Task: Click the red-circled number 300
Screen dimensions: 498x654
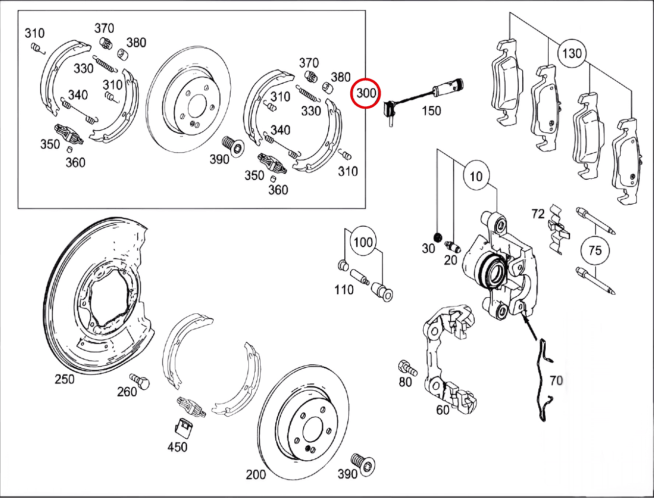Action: (366, 93)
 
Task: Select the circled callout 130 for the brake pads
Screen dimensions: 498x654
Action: (572, 53)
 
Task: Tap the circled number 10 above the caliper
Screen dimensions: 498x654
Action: (476, 176)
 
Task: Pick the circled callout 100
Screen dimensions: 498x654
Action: (363, 242)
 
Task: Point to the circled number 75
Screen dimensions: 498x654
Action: (595, 250)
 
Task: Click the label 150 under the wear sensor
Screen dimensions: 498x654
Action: (431, 111)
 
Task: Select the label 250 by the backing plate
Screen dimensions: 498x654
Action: (65, 379)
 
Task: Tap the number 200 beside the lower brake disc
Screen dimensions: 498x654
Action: (256, 474)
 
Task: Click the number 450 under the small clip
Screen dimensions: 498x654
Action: (177, 447)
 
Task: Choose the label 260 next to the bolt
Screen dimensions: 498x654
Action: (127, 392)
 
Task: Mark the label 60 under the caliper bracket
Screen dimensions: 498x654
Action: (442, 409)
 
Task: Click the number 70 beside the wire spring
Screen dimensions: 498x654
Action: (556, 380)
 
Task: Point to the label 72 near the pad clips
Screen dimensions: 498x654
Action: (538, 213)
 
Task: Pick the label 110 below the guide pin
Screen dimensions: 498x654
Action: (344, 290)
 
